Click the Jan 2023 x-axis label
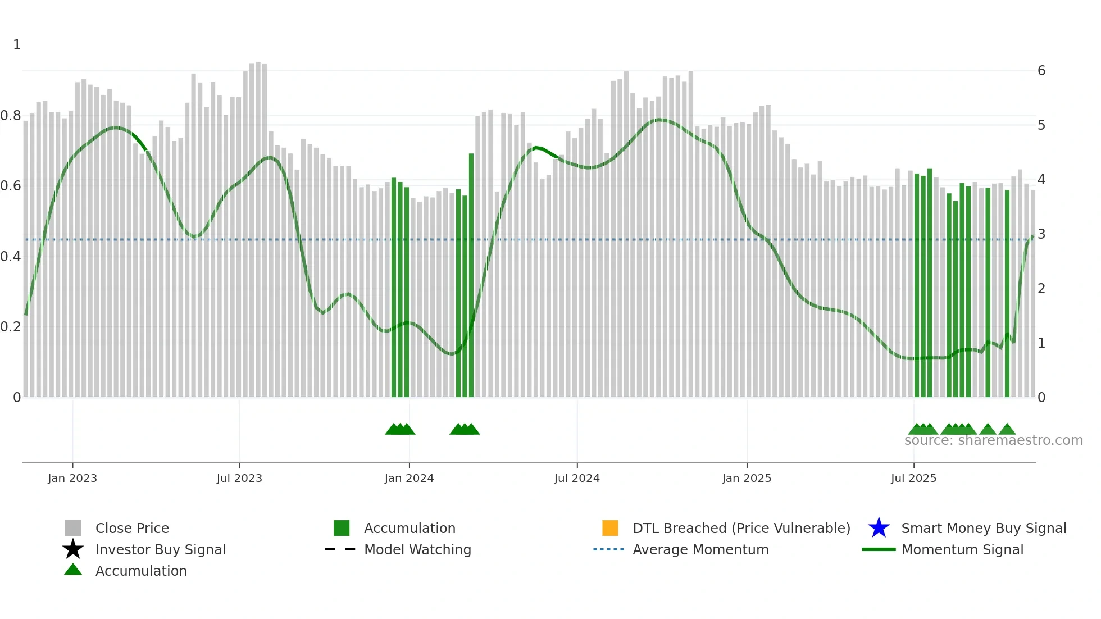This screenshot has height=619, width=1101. click(x=72, y=478)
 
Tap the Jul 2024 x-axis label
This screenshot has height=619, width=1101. click(x=577, y=478)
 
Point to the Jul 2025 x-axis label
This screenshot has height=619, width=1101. click(x=913, y=478)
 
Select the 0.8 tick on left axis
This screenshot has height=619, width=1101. click(x=11, y=116)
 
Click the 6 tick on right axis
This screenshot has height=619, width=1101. click(x=1041, y=71)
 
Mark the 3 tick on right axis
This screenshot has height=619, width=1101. click(x=1041, y=234)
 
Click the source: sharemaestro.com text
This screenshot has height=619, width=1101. click(x=993, y=440)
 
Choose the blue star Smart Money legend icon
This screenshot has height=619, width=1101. click(x=879, y=528)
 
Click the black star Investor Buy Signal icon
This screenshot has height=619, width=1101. click(x=73, y=549)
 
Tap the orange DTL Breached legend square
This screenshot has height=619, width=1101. click(x=610, y=528)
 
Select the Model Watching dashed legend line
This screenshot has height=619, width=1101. click(x=340, y=549)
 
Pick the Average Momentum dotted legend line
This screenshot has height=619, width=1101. click(x=609, y=549)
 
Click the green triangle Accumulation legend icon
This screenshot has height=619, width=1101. click(x=73, y=570)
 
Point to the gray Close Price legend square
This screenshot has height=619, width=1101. click(x=73, y=528)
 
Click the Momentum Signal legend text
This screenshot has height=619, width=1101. click(x=962, y=549)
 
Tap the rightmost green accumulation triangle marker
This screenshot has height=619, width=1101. click(x=1007, y=430)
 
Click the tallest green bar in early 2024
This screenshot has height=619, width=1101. click(x=471, y=275)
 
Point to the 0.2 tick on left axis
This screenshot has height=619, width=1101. click(x=11, y=327)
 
